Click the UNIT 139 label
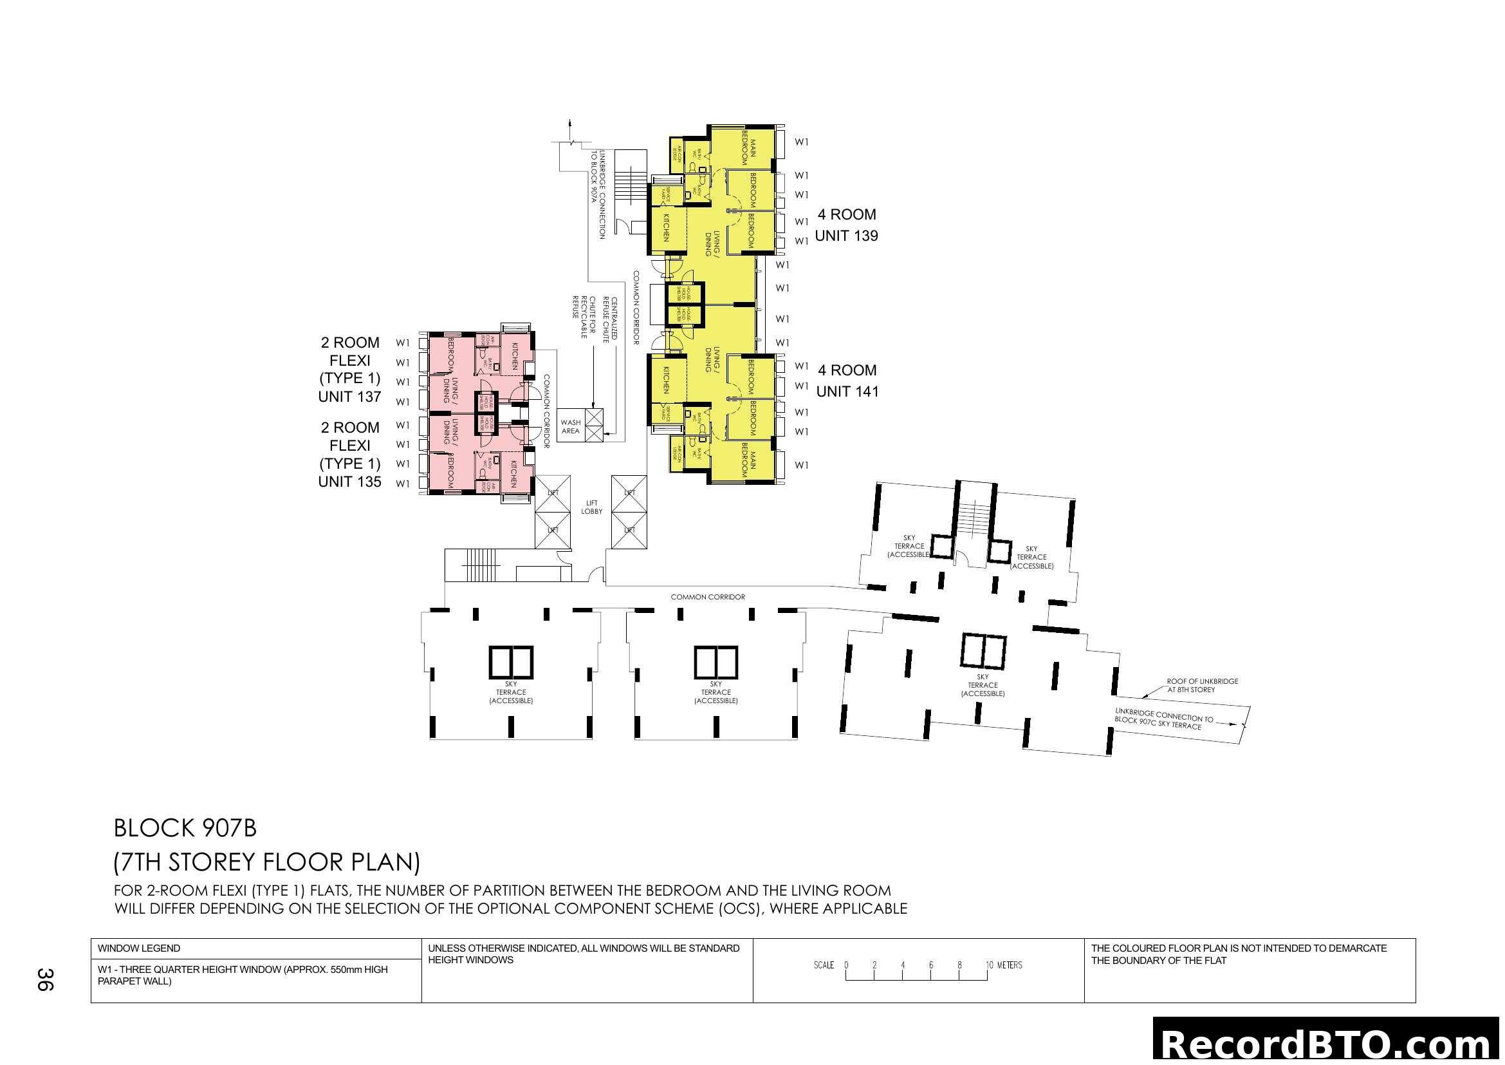pyautogui.click(x=845, y=236)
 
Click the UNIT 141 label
pyautogui.click(x=847, y=391)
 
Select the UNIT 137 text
pyautogui.click(x=349, y=397)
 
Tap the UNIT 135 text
pyautogui.click(x=349, y=482)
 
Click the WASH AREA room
pyautogui.click(x=570, y=427)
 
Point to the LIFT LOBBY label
pyautogui.click(x=591, y=507)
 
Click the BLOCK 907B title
pyautogui.click(x=185, y=828)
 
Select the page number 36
pyautogui.click(x=44, y=980)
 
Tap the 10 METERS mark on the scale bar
pyautogui.click(x=1003, y=965)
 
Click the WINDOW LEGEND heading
pyautogui.click(x=139, y=948)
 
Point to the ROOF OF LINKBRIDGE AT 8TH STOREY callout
pyautogui.click(x=1202, y=685)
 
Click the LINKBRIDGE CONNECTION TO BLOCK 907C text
pyautogui.click(x=1163, y=719)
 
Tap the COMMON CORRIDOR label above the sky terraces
pyautogui.click(x=707, y=597)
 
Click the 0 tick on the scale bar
pyautogui.click(x=846, y=966)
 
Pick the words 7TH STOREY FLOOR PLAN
pyautogui.click(x=266, y=862)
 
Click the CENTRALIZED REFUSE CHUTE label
pyautogui.click(x=610, y=319)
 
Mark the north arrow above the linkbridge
pyautogui.click(x=569, y=127)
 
